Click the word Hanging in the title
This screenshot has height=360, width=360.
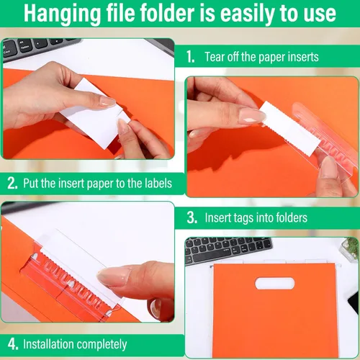[x=62, y=14]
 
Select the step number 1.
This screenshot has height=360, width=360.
[x=190, y=57]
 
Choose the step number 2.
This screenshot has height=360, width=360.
[x=12, y=183]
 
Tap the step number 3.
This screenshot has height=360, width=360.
[x=192, y=217]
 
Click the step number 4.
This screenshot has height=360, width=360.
[x=13, y=344]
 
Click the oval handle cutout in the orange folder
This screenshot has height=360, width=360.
[x=275, y=283]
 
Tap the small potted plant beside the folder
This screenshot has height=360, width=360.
[x=349, y=250]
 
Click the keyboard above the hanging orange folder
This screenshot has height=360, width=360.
[x=228, y=250]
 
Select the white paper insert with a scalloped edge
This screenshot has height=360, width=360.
[x=290, y=128]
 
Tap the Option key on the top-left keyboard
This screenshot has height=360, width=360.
[x=24, y=47]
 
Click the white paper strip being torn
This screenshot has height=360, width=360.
[x=96, y=113]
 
